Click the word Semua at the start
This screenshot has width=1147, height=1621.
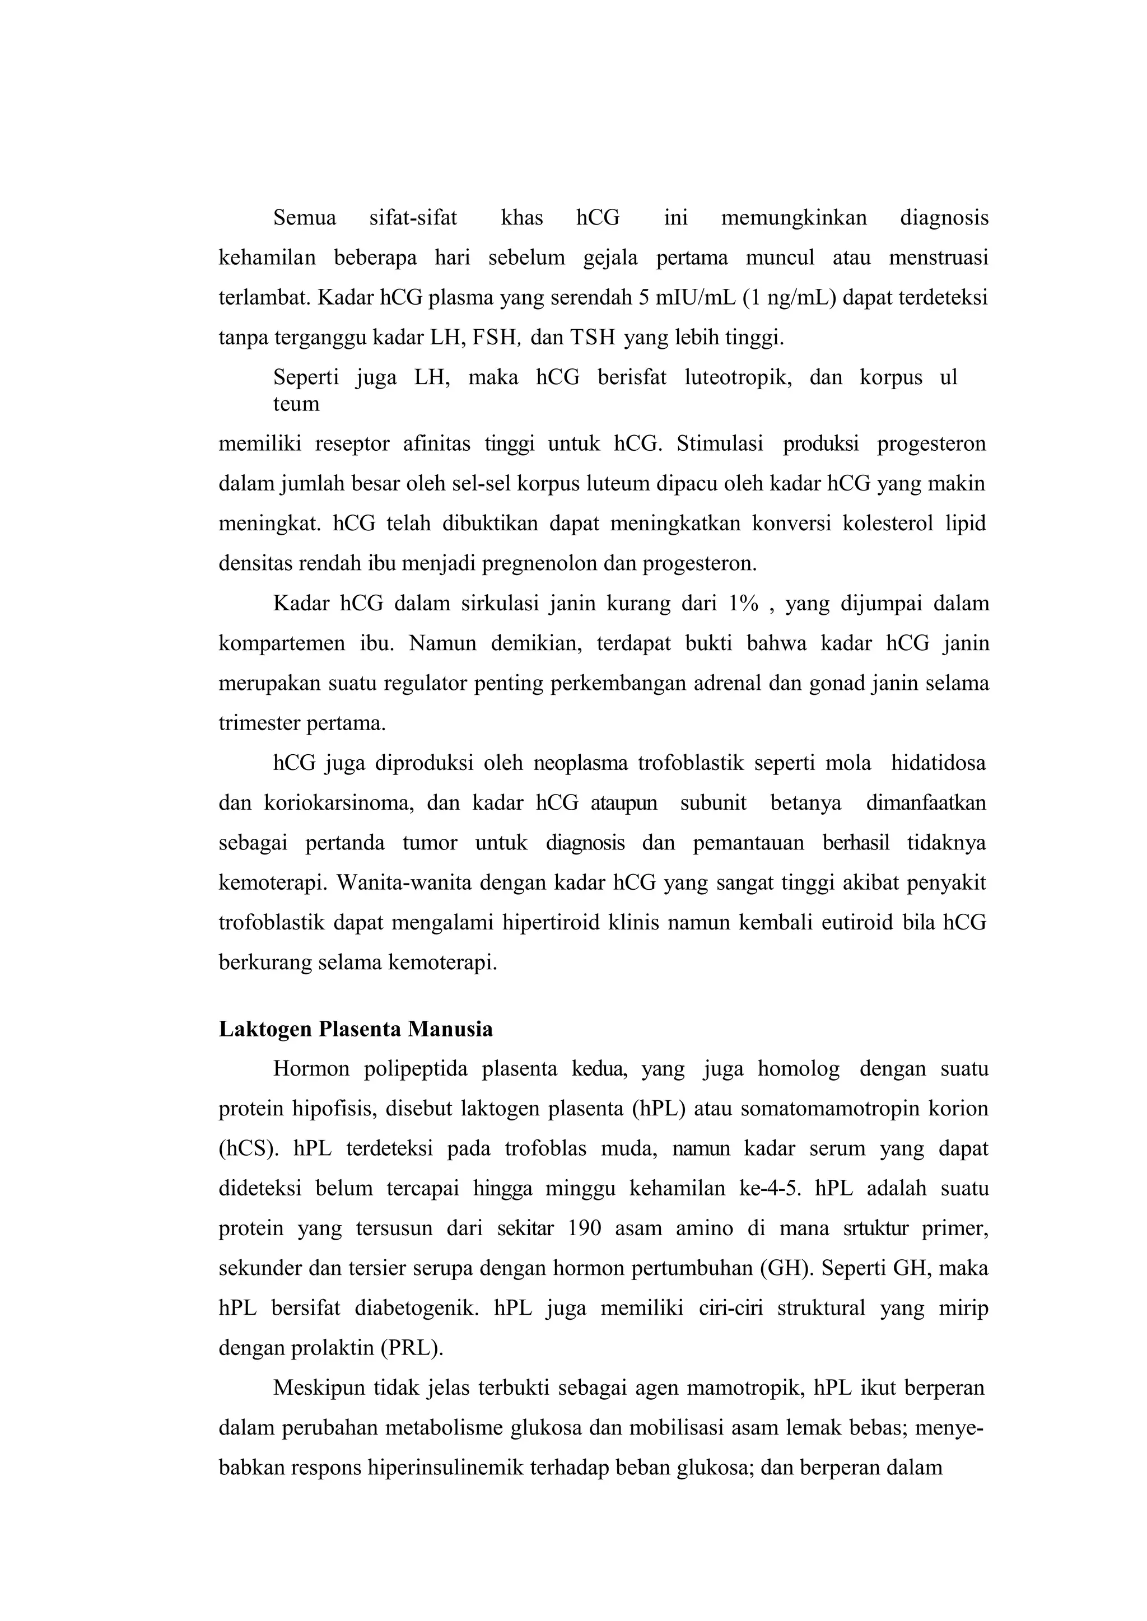(305, 217)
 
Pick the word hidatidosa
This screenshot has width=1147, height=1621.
(938, 763)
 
